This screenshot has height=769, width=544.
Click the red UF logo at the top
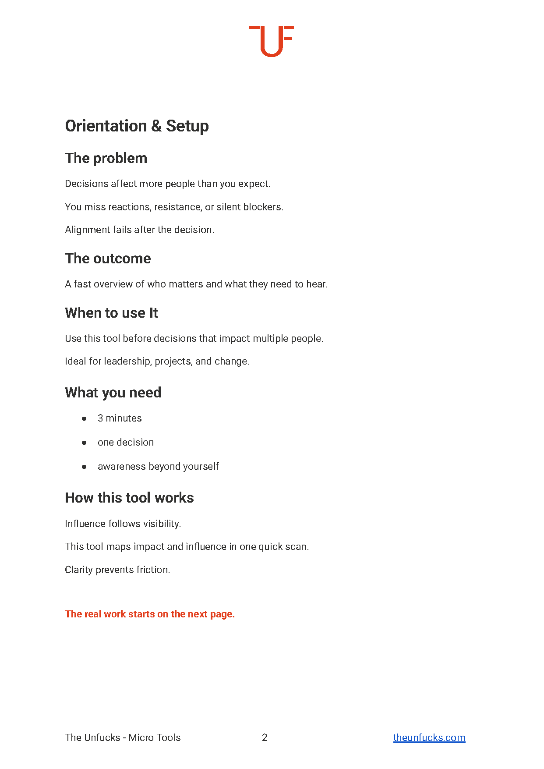[x=271, y=41]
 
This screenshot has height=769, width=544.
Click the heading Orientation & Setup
[x=137, y=126]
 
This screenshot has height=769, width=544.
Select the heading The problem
[x=106, y=158]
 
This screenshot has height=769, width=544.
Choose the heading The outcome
[x=108, y=259]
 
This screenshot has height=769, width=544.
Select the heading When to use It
[x=111, y=313]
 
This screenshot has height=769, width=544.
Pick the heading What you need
[x=113, y=393]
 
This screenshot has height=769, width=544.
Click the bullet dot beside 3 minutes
[x=84, y=418]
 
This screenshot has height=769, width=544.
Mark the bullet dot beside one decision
[x=84, y=443]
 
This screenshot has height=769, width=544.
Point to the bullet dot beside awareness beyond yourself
[x=84, y=467]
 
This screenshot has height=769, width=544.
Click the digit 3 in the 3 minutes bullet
[x=100, y=418]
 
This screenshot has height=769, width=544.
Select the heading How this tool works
[x=129, y=498]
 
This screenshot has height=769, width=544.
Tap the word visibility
[x=162, y=524]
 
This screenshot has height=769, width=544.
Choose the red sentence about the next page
[x=150, y=614]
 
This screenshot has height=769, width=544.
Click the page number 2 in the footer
[x=265, y=737]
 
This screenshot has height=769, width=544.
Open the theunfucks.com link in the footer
[x=429, y=737]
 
